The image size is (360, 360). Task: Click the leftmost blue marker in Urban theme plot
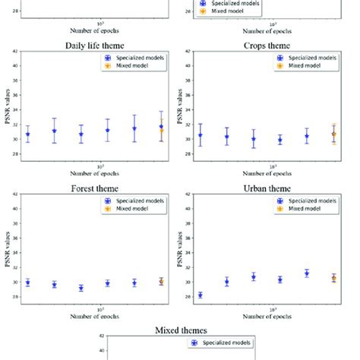(x=201, y=295)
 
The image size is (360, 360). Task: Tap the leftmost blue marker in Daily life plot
(x=28, y=134)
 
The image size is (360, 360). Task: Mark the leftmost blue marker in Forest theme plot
(x=28, y=283)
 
